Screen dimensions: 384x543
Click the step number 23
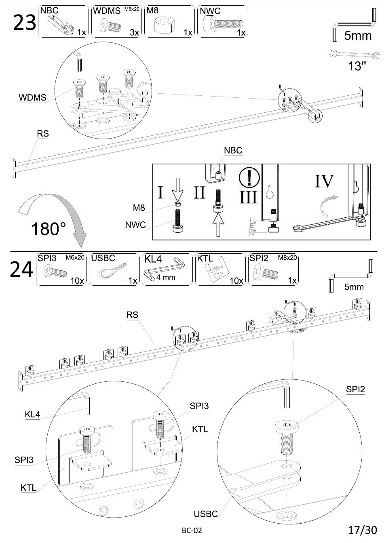(x=25, y=23)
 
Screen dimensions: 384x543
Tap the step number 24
(x=21, y=269)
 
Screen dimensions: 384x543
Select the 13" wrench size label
(x=357, y=66)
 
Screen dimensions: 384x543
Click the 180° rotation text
(x=49, y=229)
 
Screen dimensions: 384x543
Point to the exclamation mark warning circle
(x=249, y=178)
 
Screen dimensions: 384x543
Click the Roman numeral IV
(x=324, y=181)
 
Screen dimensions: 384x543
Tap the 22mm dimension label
(x=251, y=226)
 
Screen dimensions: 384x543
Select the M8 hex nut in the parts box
(x=165, y=25)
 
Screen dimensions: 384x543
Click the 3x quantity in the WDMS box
(x=134, y=32)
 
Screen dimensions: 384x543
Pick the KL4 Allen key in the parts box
(x=164, y=270)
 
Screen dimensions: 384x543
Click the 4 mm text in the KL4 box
(x=166, y=277)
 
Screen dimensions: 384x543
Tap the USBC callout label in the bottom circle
(x=206, y=514)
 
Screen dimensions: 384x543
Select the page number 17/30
(x=363, y=530)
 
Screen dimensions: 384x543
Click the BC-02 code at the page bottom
(x=192, y=530)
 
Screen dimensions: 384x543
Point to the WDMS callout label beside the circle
(x=32, y=97)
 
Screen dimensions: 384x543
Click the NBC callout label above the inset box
(x=233, y=150)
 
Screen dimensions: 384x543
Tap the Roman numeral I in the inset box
(x=160, y=192)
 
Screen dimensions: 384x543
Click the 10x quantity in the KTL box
(x=236, y=281)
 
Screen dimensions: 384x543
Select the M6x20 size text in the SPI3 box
(x=75, y=257)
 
